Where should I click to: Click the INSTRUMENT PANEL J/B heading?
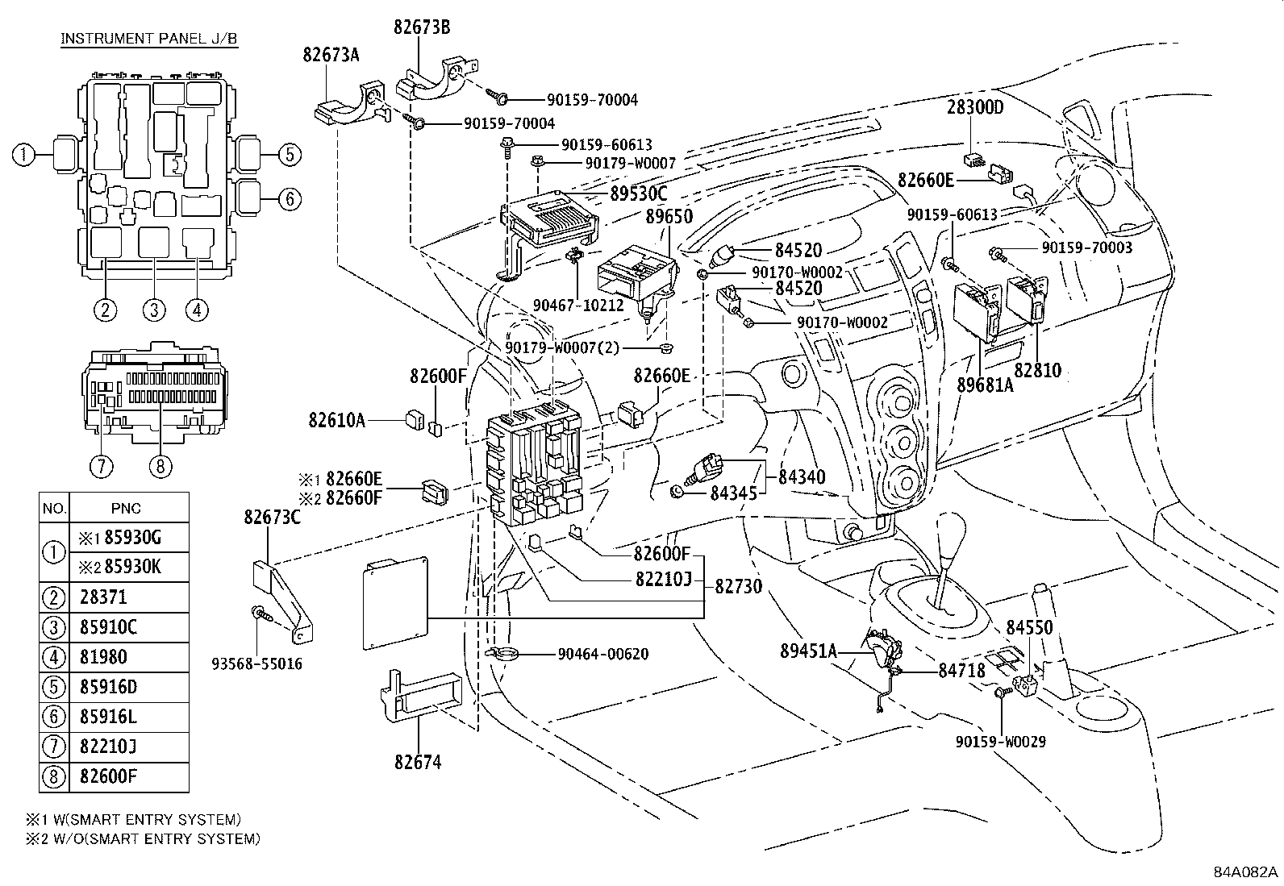coord(149,39)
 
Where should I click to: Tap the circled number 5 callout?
coord(290,155)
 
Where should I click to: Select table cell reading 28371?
coord(103,597)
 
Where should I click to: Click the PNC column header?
coord(127,508)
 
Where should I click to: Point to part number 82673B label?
coord(422,27)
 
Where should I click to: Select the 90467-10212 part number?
coord(578,306)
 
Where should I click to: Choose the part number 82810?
coord(1037,371)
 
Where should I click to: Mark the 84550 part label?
coord(1029,627)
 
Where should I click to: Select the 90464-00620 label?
coord(602,654)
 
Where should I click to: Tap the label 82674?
coord(418,761)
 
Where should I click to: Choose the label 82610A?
coord(336,419)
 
